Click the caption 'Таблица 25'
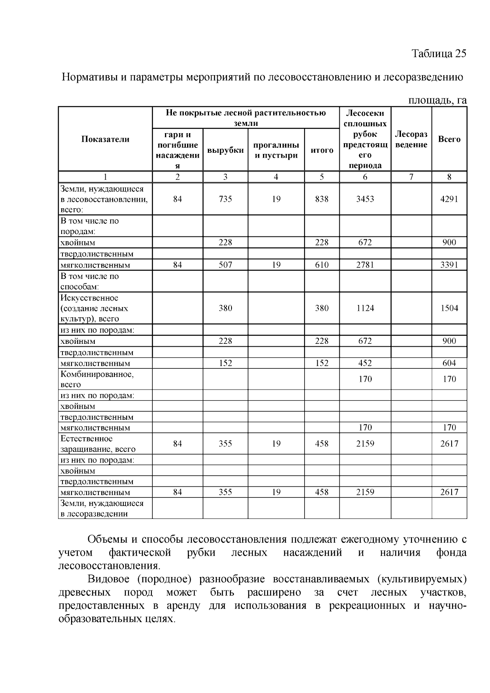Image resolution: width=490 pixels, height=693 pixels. coord(439,54)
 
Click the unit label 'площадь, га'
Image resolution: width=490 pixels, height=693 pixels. coord(437,100)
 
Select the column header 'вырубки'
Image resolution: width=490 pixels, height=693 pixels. coord(225,150)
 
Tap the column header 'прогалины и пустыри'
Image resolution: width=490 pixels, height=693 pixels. coord(276,150)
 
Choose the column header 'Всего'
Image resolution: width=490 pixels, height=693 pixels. coord(449,139)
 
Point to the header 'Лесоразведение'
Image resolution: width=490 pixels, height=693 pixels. coord(411,139)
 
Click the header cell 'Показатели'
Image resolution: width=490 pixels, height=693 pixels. coord(105,139)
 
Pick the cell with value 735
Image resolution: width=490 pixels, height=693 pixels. coord(225,199)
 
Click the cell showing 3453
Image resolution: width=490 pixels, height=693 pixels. coord(365,199)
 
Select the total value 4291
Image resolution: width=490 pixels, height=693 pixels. coord(449,199)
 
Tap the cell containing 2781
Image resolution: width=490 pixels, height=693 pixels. coord(365,265)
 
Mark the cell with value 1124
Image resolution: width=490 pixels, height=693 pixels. coord(365,308)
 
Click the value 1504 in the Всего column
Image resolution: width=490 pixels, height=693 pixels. coord(449,308)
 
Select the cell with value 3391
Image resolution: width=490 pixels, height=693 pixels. coord(449,265)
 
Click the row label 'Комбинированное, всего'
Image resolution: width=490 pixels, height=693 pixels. coord(97,379)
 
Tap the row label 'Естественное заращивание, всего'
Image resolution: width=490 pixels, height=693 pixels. coord(98,444)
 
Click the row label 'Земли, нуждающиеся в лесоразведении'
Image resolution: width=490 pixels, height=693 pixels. coord(102,508)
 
